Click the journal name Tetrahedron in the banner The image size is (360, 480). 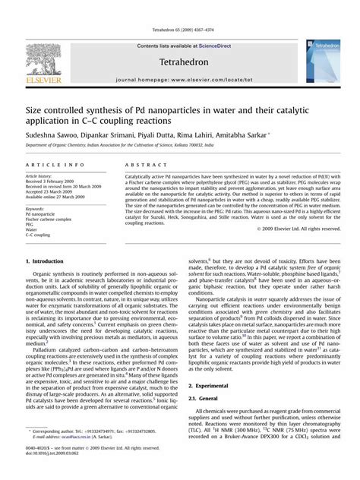pos(181,62)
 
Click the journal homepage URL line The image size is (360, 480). pos(180,79)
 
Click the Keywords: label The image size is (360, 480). pos(39,208)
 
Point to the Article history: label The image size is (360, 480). pos(43,176)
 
